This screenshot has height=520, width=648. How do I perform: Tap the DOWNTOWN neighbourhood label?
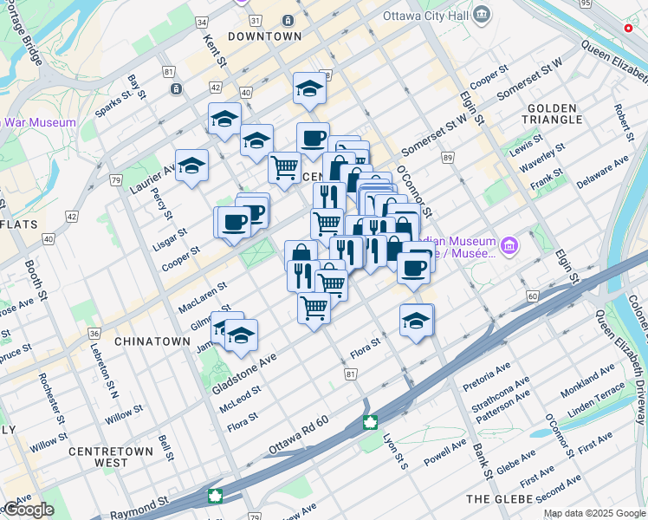pyautogui.click(x=264, y=36)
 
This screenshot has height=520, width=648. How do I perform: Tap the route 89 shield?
pyautogui.click(x=448, y=158)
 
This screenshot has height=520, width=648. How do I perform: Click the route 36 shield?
pyautogui.click(x=94, y=333)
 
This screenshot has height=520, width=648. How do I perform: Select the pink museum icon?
pyautogui.click(x=509, y=247)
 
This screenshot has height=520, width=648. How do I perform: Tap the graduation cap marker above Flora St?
pyautogui.click(x=416, y=320)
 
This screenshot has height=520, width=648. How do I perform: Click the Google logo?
pyautogui.click(x=28, y=510)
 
